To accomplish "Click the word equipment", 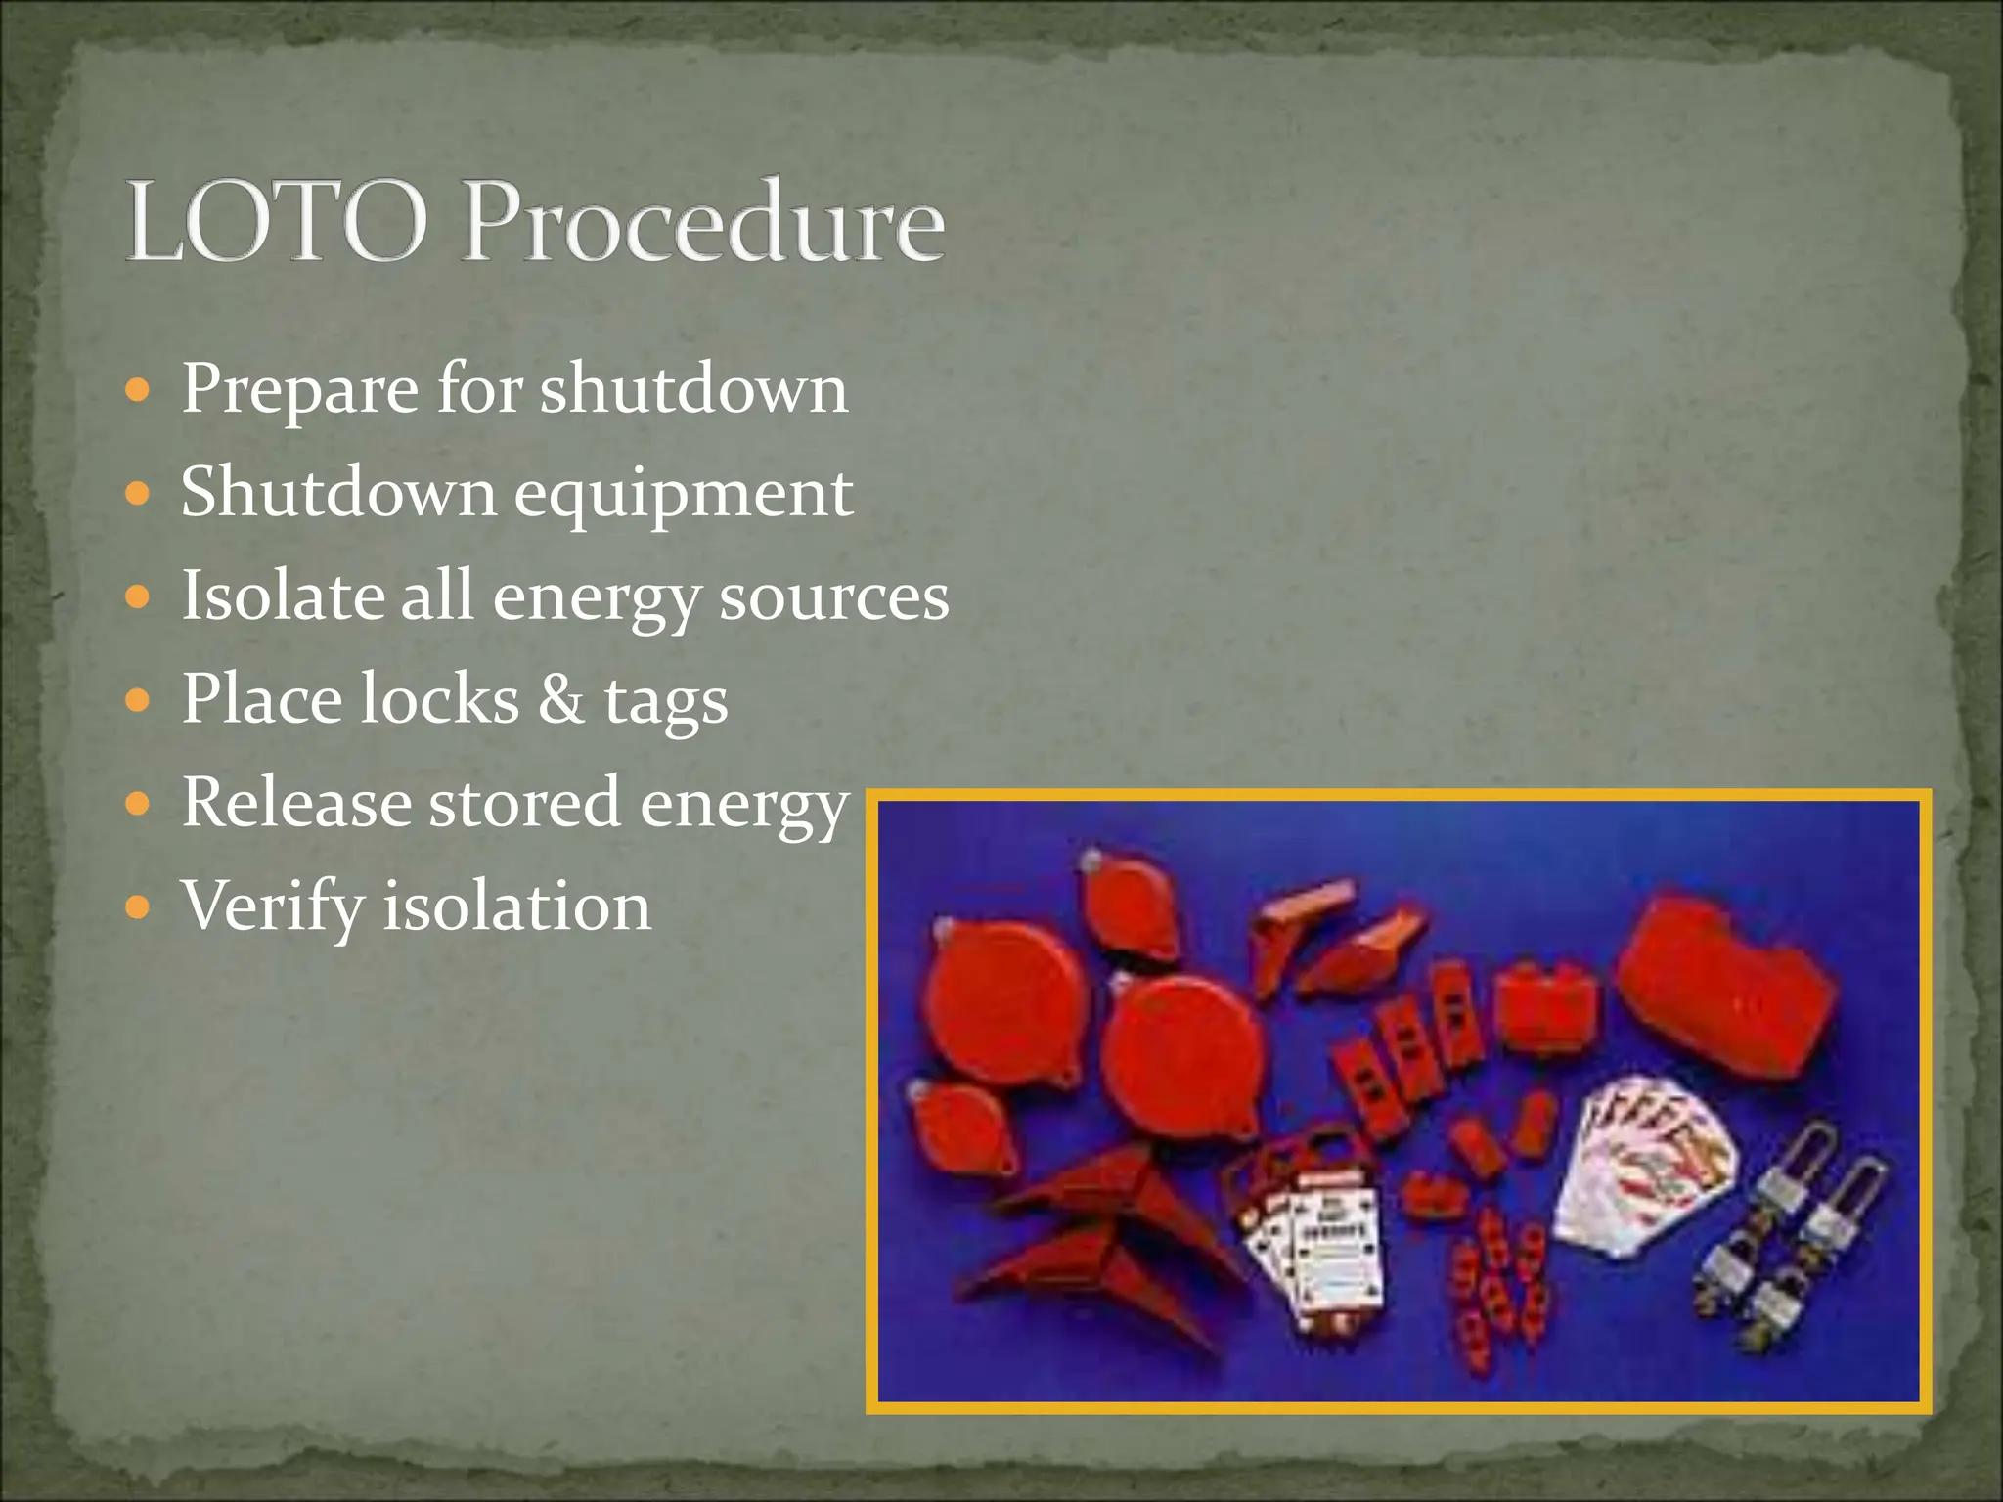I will click(683, 494).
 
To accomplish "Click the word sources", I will click(833, 597).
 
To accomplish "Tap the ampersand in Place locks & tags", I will click(561, 699).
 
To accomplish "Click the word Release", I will click(296, 803).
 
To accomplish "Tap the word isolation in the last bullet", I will click(515, 906).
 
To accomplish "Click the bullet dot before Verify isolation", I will click(139, 906).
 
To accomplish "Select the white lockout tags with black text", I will click(1320, 1252).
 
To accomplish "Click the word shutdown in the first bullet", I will click(694, 389).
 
